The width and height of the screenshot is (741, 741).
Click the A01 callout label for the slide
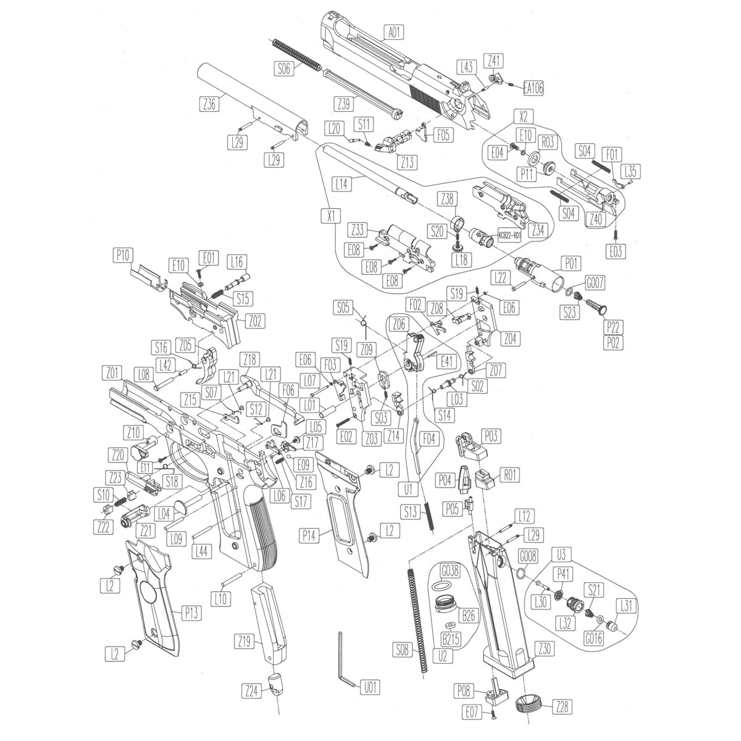[x=394, y=32]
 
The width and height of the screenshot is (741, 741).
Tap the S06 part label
[x=283, y=69]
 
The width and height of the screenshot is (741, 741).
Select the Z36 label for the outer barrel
[x=209, y=104]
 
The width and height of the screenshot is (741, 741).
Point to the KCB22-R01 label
[x=509, y=235]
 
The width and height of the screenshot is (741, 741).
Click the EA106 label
[x=534, y=88]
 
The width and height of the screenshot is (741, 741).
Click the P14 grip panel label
[x=309, y=535]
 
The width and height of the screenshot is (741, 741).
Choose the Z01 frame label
[x=112, y=373]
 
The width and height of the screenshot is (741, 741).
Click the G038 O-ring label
[x=450, y=571]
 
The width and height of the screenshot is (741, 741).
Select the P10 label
[x=123, y=255]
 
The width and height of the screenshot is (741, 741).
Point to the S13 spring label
[x=411, y=512]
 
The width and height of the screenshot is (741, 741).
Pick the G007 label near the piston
[x=595, y=283]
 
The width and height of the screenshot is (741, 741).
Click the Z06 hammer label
[x=399, y=324]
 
